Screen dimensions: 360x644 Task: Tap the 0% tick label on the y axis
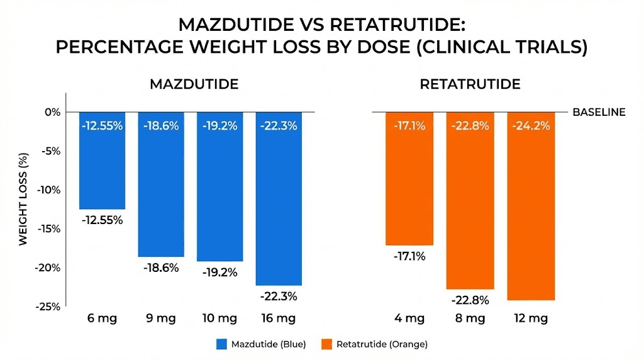click(52, 112)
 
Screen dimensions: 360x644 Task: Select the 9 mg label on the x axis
click(162, 318)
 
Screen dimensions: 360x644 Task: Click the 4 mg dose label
click(409, 318)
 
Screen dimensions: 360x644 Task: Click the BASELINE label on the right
click(599, 112)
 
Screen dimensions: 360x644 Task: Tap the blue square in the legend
click(221, 344)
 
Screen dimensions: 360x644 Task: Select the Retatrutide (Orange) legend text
click(382, 344)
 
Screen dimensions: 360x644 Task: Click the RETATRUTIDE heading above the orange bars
click(469, 84)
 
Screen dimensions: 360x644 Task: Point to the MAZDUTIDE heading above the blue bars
click(194, 84)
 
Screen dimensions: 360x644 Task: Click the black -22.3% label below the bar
click(279, 296)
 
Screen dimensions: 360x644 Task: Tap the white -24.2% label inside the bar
click(531, 126)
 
